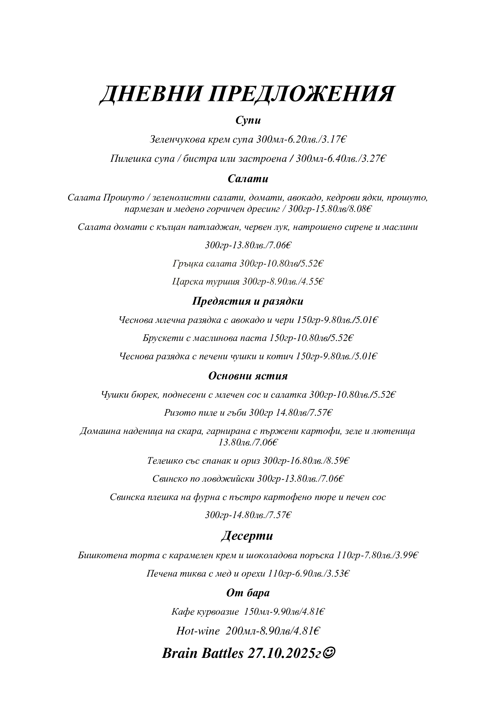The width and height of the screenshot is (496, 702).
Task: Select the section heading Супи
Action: [248, 120]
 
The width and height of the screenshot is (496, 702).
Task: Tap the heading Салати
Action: [248, 179]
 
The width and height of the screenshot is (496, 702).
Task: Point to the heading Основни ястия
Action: [248, 376]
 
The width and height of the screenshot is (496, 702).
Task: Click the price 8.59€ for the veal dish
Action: [337, 460]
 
